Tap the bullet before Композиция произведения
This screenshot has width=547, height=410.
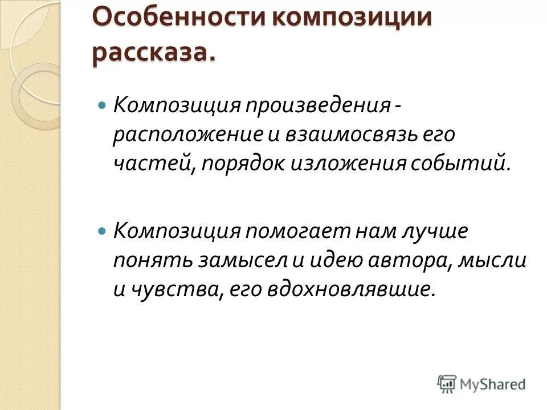[x=103, y=106]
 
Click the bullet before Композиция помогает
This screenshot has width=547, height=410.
[x=103, y=232]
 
